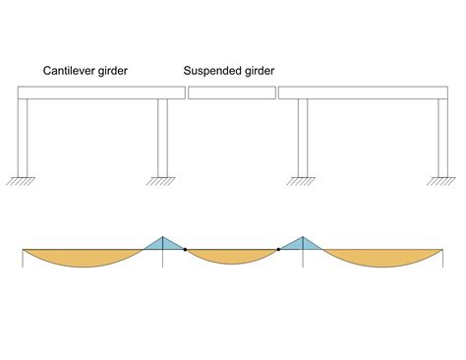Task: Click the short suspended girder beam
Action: click(x=232, y=93)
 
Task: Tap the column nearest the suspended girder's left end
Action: click(x=162, y=137)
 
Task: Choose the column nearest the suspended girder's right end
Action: click(x=303, y=137)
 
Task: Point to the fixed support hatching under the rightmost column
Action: click(x=440, y=181)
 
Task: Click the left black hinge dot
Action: click(x=185, y=250)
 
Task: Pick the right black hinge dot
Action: click(x=279, y=250)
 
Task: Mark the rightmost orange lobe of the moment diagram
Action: click(x=379, y=259)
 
